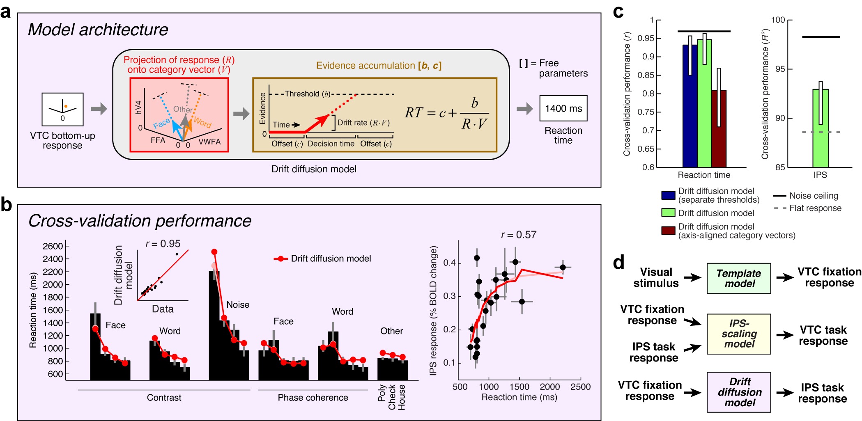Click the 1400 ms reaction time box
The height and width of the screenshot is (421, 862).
[563, 108]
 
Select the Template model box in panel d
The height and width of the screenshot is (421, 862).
[738, 278]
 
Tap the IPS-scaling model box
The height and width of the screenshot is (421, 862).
[738, 334]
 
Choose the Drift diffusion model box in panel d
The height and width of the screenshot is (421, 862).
[738, 392]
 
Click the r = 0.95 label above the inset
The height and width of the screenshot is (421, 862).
[163, 244]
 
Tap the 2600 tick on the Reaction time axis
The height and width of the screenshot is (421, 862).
[53, 246]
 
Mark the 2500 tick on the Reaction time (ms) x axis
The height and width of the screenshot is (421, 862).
[580, 387]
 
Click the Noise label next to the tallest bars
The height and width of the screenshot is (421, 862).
[238, 304]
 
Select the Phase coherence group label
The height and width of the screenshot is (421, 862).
[313, 398]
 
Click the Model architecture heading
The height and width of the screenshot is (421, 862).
[98, 30]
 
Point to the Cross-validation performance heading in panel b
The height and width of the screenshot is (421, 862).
[140, 221]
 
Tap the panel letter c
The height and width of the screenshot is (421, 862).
[618, 12]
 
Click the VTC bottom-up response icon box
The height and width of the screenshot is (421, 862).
[62, 109]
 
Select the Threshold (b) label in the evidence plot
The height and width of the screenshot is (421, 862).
[307, 94]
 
